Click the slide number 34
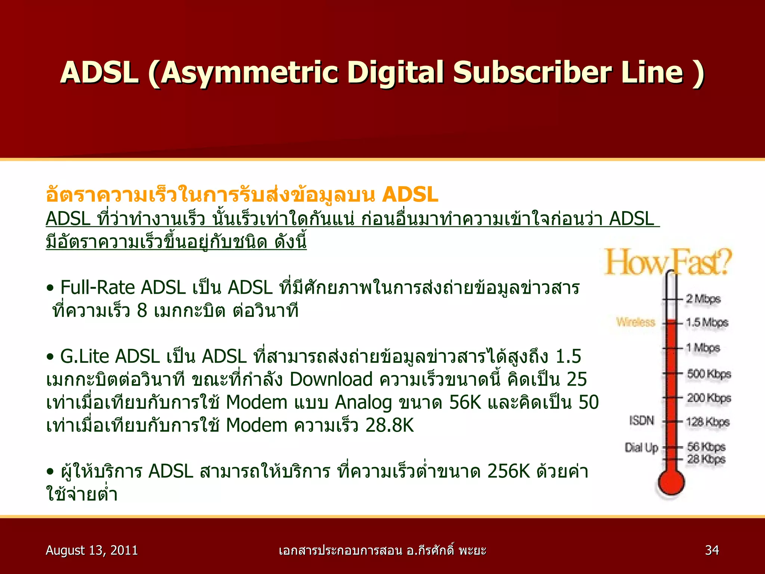point(712,550)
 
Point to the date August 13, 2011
point(92,550)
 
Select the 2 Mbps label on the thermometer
point(703,299)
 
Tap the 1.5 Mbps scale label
point(707,323)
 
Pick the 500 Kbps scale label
point(709,374)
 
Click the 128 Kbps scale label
point(707,422)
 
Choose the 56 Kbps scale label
point(706,447)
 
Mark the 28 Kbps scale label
point(706,459)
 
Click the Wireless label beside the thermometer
point(636,322)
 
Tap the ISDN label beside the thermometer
point(642,421)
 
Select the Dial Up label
point(641,447)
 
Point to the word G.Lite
point(84,356)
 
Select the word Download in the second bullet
point(331,379)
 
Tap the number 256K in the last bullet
point(508,472)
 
